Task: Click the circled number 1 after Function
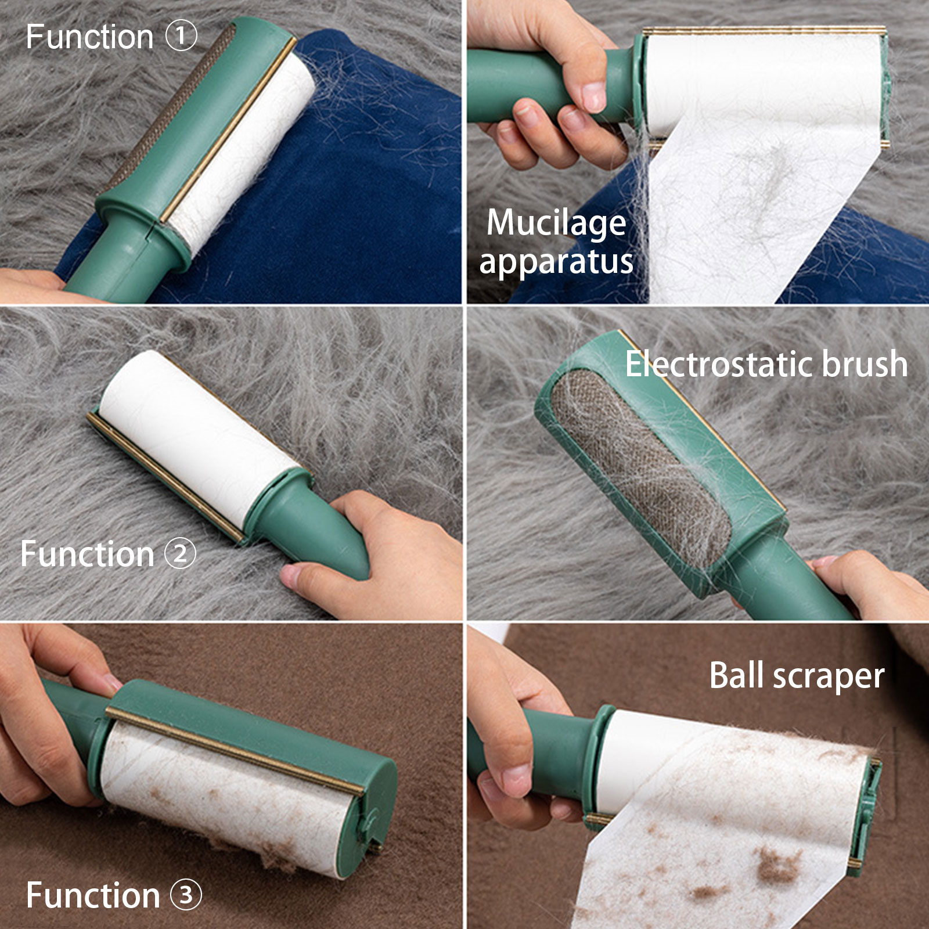point(181,36)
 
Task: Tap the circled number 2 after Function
point(180,553)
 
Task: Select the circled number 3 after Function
point(186,895)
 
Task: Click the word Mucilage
point(556,224)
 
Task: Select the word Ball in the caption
point(736,675)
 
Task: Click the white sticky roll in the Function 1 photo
point(244,145)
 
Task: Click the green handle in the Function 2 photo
point(325,528)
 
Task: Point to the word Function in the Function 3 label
point(93,895)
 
